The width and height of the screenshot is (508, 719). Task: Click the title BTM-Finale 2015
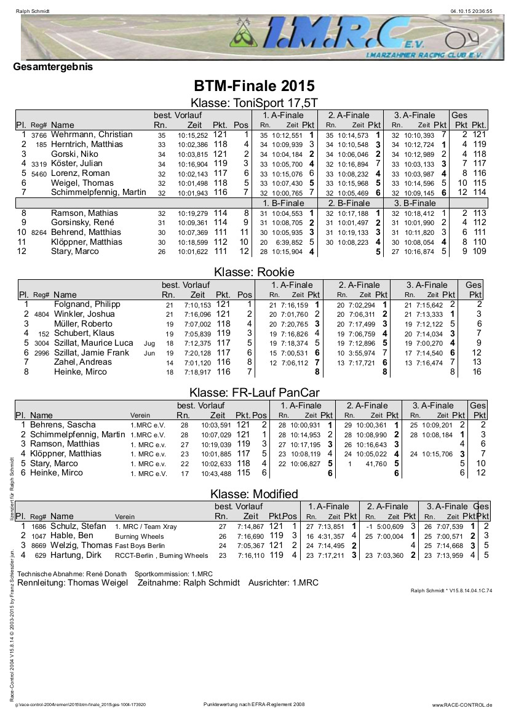click(x=254, y=85)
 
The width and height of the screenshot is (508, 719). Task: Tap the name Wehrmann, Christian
click(x=92, y=135)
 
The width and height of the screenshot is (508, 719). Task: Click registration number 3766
click(x=39, y=135)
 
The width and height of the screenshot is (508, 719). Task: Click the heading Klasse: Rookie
click(x=254, y=272)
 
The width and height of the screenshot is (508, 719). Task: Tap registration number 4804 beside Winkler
click(x=41, y=315)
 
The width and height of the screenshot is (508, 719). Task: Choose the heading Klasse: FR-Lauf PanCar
click(x=254, y=392)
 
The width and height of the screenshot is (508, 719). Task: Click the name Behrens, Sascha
click(x=63, y=425)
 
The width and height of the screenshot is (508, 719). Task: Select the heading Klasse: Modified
click(x=254, y=494)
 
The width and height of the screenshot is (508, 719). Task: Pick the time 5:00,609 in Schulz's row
click(x=389, y=526)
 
